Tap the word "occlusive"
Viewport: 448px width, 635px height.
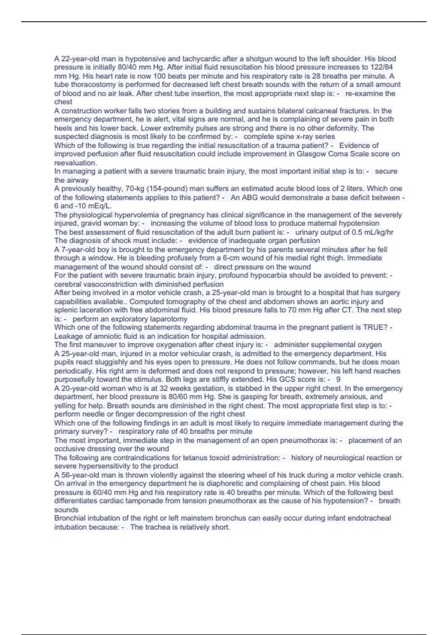(69, 449)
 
